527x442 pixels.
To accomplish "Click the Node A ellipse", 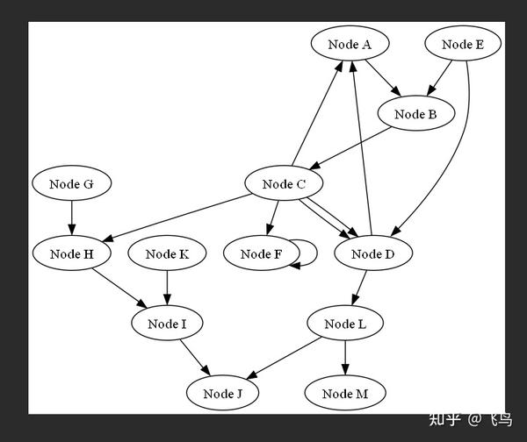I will (350, 44).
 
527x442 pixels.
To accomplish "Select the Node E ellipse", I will (463, 44).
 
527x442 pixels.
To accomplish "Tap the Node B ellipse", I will (416, 114).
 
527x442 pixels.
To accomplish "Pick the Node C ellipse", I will (284, 184).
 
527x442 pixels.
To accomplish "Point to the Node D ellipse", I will (373, 254).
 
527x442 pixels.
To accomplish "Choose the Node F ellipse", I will (261, 254).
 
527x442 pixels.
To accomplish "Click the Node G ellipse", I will (71, 184).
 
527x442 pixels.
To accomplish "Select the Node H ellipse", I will (71, 254).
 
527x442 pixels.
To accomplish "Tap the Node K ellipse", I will (167, 254).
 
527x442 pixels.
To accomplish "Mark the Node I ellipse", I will (167, 324).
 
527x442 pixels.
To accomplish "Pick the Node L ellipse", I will (344, 324).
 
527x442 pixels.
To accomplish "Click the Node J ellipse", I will (222, 394).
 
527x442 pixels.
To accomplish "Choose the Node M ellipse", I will (344, 394).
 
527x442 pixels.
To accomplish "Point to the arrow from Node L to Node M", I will (344, 359).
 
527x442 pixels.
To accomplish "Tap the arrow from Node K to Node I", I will (167, 289).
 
